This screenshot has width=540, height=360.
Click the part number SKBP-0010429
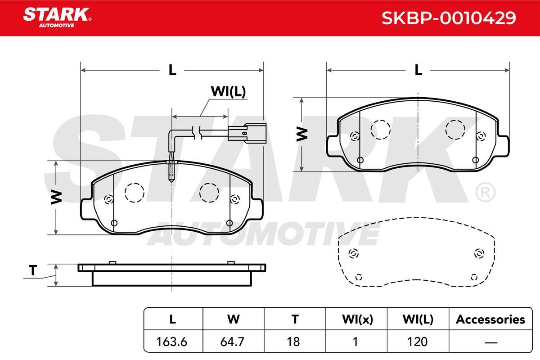point(449,18)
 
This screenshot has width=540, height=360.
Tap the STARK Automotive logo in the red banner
point(57,18)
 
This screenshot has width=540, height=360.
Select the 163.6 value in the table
point(171,342)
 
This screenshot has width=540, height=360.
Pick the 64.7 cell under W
point(232,342)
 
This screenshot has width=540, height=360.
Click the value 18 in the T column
point(293,342)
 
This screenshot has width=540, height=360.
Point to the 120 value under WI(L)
point(417,342)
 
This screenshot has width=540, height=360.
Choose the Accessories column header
point(490,319)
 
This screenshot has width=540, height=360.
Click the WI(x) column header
point(357,319)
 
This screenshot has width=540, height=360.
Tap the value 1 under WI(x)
point(355,342)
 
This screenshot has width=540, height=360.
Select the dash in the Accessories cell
point(491,342)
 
